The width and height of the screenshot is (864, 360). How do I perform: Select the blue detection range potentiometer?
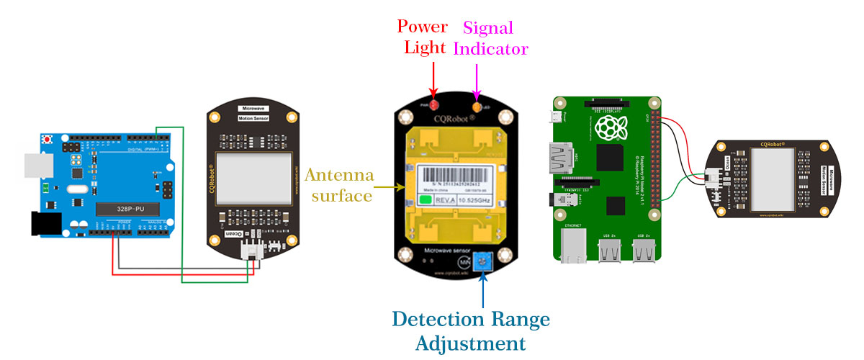pyautogui.click(x=482, y=261)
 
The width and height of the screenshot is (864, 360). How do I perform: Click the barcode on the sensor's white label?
pyautogui.click(x=454, y=175)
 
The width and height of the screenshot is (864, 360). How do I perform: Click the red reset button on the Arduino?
pyautogui.click(x=48, y=138)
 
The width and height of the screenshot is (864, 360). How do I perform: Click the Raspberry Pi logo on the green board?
pyautogui.click(x=609, y=130)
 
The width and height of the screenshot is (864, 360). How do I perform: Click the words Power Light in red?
pyautogui.click(x=423, y=38)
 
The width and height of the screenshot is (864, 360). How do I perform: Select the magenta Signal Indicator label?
pyautogui.click(x=491, y=38)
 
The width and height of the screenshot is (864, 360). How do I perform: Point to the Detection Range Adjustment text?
pyautogui.click(x=470, y=330)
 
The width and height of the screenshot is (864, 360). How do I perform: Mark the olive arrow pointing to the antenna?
pyautogui.click(x=390, y=187)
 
